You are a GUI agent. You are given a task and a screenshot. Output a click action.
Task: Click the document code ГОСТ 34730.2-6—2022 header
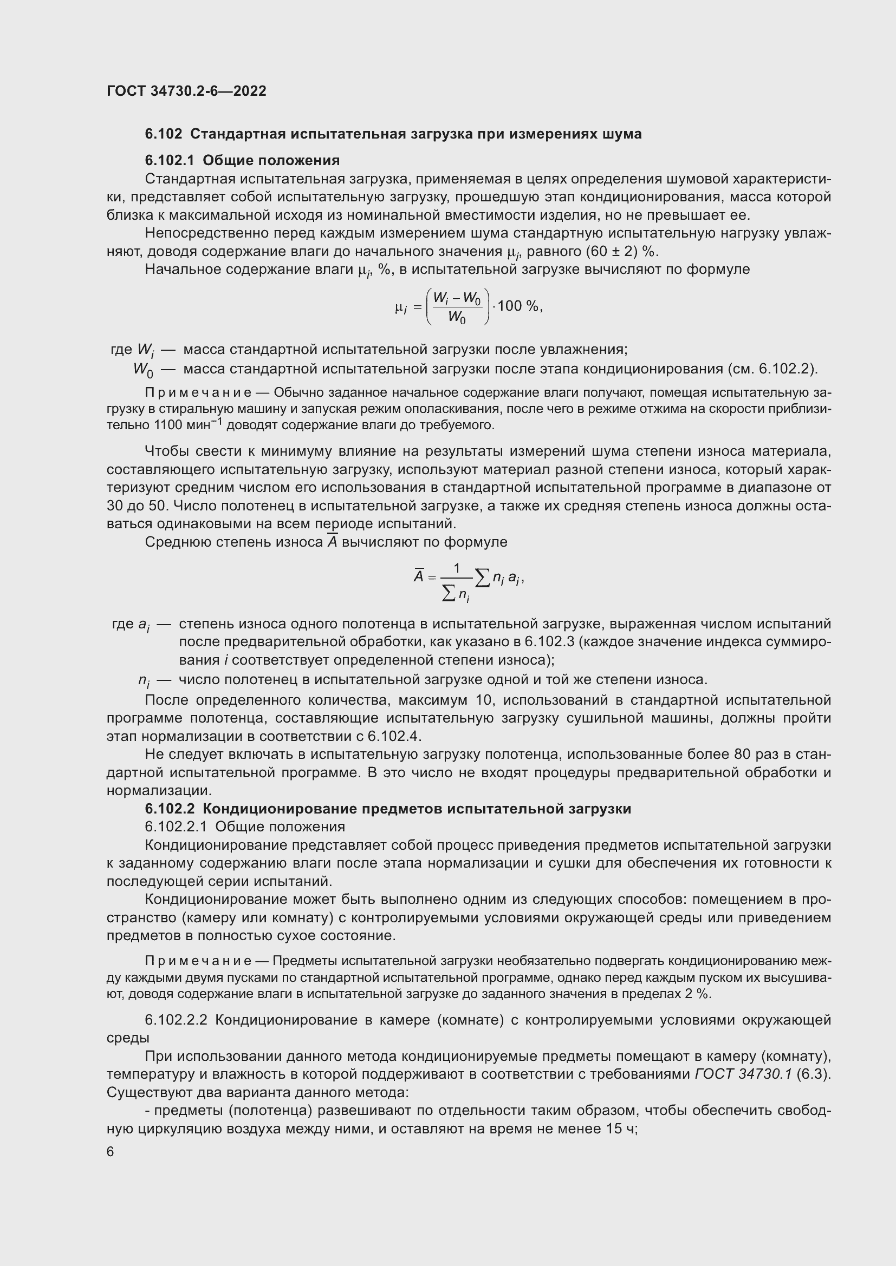(186, 91)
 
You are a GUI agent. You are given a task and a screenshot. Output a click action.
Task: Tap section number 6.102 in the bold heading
(163, 134)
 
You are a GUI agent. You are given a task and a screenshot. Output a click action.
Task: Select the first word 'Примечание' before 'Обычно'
(198, 392)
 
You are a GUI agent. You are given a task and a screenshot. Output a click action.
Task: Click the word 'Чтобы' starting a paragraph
(166, 451)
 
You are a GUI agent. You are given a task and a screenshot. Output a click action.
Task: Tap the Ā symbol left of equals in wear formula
(419, 577)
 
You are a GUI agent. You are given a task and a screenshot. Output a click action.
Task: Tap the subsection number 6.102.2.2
(176, 1020)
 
